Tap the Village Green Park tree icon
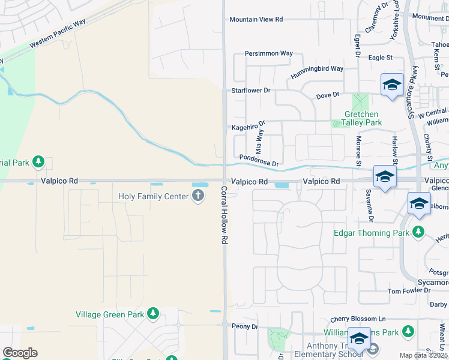(153, 313)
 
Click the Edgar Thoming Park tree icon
(418, 232)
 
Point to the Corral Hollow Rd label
(223, 214)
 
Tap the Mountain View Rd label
(256, 20)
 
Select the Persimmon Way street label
(268, 53)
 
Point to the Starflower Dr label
(252, 91)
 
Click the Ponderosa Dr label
(259, 160)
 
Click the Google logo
(20, 353)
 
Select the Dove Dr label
(328, 95)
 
